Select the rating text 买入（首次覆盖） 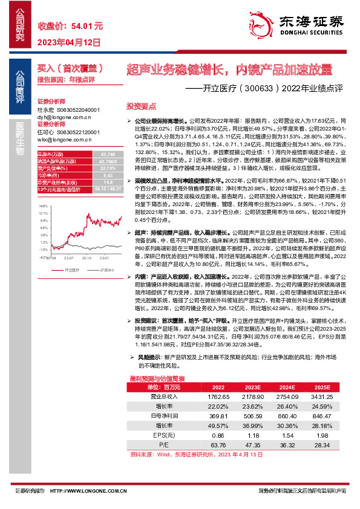tap(74, 68)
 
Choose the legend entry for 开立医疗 tap(70, 270)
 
